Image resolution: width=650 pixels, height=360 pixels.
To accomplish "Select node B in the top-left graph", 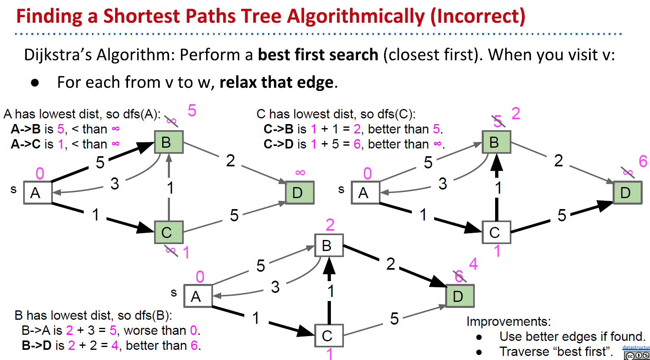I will [x=168, y=142].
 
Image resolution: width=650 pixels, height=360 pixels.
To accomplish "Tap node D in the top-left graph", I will [x=300, y=192].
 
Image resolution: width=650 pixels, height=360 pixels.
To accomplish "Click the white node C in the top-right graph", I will [x=496, y=232].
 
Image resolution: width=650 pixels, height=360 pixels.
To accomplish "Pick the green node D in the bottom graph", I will [x=460, y=296].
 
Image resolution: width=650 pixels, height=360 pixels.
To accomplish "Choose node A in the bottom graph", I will [x=198, y=296].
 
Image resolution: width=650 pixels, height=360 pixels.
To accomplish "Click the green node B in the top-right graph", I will [x=496, y=142].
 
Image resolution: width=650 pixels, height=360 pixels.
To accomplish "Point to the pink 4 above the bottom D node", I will [x=473, y=264].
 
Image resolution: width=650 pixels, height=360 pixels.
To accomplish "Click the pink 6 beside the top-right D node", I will [x=643, y=161].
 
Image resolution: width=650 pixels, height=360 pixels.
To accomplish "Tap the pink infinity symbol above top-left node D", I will [x=300, y=173].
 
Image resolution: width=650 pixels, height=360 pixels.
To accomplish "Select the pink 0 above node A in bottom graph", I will [x=200, y=277].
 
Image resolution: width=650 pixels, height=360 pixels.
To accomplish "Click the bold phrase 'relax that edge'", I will [x=276, y=83].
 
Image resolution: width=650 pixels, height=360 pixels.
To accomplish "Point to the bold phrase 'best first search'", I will [x=318, y=55].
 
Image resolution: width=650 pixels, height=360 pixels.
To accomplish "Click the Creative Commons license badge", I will [x=637, y=356].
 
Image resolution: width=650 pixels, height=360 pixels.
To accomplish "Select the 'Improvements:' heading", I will [x=508, y=321].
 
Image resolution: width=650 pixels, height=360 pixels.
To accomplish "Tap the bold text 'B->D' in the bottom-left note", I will [x=37, y=345].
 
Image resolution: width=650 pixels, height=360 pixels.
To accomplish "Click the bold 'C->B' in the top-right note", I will [x=278, y=129].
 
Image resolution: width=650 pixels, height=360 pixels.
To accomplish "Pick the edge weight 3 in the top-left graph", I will [x=115, y=184].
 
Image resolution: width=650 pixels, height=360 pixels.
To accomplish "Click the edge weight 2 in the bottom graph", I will [x=390, y=264].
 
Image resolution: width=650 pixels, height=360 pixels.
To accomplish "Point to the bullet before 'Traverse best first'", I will [x=479, y=352].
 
